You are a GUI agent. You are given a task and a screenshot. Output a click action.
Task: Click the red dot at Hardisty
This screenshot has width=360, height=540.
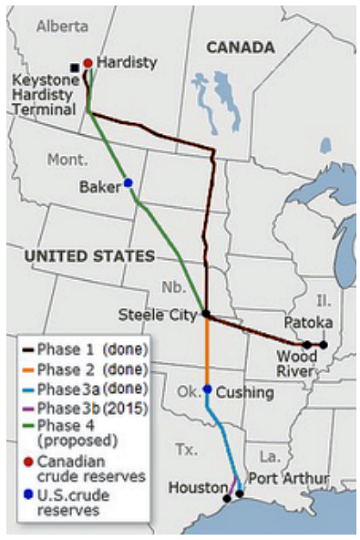pyautogui.click(x=87, y=63)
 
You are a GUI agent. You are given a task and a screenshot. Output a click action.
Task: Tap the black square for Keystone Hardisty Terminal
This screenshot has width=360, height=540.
pyautogui.click(x=75, y=67)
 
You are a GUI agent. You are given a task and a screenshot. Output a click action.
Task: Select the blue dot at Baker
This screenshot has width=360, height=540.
pyautogui.click(x=129, y=183)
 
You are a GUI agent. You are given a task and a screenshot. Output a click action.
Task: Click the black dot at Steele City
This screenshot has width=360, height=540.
pyautogui.click(x=206, y=314)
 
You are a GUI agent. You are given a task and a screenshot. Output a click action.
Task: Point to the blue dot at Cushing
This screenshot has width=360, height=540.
pyautogui.click(x=208, y=389)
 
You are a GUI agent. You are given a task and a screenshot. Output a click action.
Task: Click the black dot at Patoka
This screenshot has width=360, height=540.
pyautogui.click(x=323, y=344)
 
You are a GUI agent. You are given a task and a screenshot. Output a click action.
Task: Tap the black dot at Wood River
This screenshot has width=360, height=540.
pyautogui.click(x=308, y=345)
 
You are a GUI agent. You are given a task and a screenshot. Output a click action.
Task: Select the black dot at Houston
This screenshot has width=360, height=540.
pyautogui.click(x=227, y=498)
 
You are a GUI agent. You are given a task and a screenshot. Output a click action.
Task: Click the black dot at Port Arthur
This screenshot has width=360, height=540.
pyautogui.click(x=240, y=493)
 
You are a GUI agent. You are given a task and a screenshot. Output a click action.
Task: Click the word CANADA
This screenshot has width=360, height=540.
pyautogui.click(x=240, y=47)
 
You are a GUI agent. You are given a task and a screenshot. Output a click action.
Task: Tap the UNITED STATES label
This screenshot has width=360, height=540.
pyautogui.click(x=89, y=256)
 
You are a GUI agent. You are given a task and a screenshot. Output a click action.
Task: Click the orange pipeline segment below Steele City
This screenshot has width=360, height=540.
pyautogui.click(x=207, y=351)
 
